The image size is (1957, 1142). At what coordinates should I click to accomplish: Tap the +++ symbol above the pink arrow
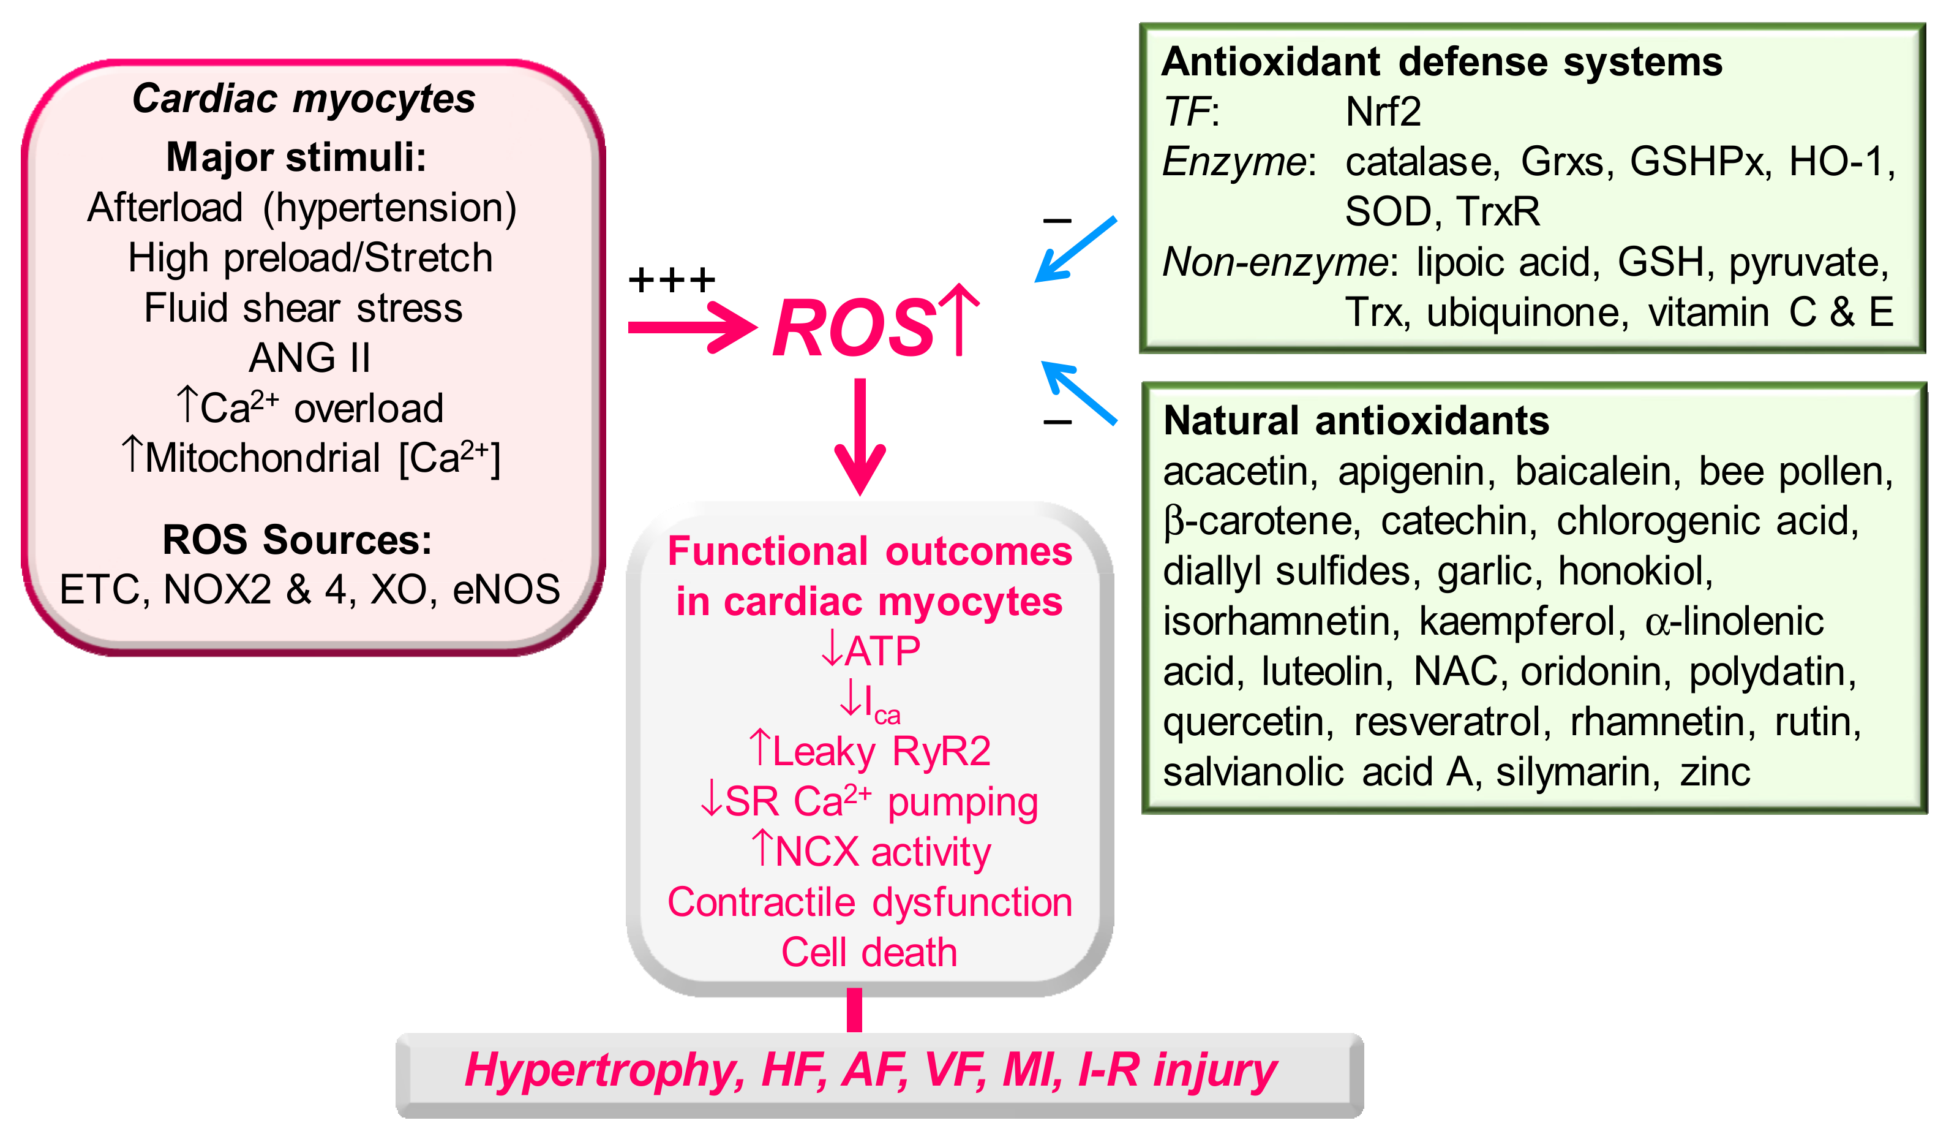coord(672,279)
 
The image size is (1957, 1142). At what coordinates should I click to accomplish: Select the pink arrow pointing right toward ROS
coord(691,328)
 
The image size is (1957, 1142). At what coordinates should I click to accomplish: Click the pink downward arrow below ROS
coord(860,435)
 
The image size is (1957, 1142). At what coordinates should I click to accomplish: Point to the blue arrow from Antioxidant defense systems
coord(1076,249)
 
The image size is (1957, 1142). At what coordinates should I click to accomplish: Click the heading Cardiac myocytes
coord(304,99)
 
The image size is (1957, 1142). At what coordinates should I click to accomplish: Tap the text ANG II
coord(309,358)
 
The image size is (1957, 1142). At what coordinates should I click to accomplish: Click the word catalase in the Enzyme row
coord(1418,162)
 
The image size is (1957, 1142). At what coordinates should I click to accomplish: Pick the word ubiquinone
coord(1527,312)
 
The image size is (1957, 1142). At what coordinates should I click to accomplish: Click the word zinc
coord(1715,772)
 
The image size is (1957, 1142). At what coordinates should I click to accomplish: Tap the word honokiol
coord(1635,571)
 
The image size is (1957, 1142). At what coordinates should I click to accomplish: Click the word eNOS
coord(506,589)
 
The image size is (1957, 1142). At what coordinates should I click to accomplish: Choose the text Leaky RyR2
coord(881,751)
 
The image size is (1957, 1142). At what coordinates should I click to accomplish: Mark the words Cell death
coord(869,953)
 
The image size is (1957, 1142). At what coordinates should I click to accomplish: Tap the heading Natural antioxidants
coord(1356,421)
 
